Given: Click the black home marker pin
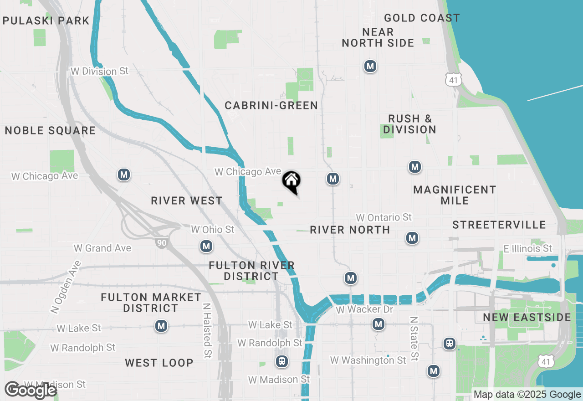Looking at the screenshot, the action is coord(291,181).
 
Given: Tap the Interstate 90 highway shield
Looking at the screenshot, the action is coord(162,243).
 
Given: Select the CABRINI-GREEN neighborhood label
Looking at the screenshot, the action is coord(271,106).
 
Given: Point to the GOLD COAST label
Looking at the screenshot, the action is coord(422,18).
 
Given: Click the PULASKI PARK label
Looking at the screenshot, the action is coord(46,21).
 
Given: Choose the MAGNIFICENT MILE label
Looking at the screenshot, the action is coord(455,195).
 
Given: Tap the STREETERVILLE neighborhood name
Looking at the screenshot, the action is coord(499,225).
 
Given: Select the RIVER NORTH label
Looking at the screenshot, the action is coord(350,230).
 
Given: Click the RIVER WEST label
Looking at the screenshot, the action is coord(187,200).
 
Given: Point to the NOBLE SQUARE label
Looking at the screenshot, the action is coord(50,131).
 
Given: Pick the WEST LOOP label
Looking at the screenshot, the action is coord(159,363).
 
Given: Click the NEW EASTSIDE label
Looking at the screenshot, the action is coord(527,317).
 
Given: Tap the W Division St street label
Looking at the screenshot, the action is coord(100,72).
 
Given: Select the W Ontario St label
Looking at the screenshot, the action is coord(384,217).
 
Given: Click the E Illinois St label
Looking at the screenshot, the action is coord(528,248).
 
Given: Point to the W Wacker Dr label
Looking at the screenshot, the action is coord(364,310).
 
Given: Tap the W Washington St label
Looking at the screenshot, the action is coord(368,360).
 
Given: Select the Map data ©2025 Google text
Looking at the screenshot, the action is coord(527,395).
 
